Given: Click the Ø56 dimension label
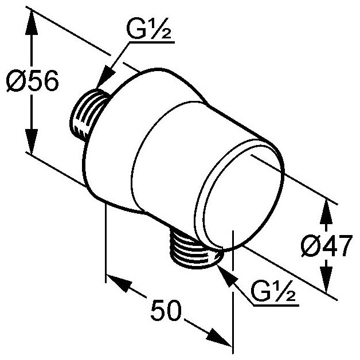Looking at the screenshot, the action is (x=32, y=83).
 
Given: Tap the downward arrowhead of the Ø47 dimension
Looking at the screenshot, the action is (x=325, y=282).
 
